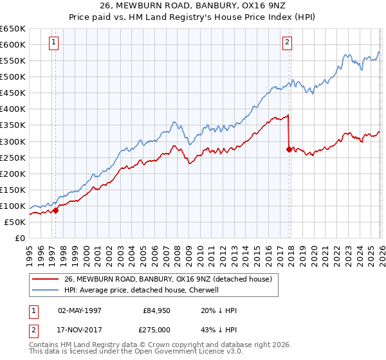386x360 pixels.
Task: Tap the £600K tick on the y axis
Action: coord(13,44)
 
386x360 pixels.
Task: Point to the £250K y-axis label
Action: coord(13,157)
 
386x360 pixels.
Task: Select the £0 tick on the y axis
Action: coord(20,238)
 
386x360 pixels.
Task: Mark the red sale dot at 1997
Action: coord(55,210)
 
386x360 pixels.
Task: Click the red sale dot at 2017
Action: coord(288,149)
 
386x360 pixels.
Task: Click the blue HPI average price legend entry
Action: coord(142,290)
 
